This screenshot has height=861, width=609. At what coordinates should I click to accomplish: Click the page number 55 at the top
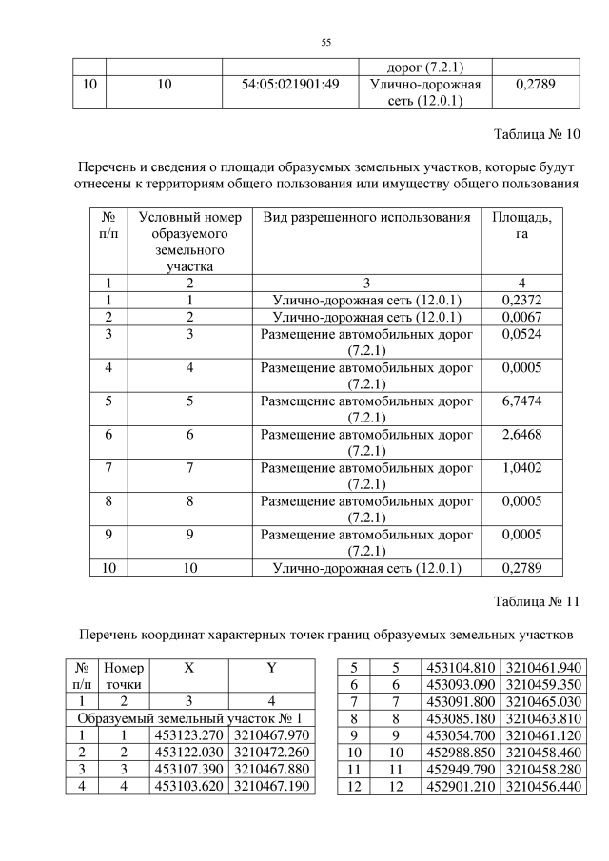click(324, 43)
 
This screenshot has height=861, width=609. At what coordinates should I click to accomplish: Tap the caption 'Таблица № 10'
click(537, 133)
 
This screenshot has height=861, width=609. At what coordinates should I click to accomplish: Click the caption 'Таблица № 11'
click(537, 600)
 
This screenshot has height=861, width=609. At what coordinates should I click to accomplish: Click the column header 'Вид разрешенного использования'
click(366, 218)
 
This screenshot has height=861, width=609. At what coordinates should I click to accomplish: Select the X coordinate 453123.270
click(189, 735)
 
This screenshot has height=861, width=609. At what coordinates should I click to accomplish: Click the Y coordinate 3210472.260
click(270, 753)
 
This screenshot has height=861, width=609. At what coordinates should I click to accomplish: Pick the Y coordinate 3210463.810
click(542, 718)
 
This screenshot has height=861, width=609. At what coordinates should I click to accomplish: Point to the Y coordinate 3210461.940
click(542, 667)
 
